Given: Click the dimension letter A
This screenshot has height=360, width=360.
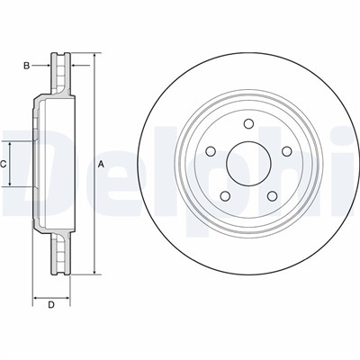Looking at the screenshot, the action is (101, 164).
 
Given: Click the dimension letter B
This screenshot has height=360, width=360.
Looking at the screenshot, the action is (27, 66).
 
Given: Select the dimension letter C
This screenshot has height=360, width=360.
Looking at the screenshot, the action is (3, 164).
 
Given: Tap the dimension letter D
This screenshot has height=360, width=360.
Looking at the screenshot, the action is (51, 305).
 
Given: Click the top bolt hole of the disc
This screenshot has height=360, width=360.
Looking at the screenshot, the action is (248, 123).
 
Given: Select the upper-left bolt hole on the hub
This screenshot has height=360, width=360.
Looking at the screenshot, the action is (211, 151).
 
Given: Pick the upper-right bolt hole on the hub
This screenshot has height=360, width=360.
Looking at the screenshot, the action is (286, 151).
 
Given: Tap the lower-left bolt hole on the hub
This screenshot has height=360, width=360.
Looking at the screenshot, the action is (225, 196).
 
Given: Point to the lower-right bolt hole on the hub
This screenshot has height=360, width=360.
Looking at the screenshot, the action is (272, 196).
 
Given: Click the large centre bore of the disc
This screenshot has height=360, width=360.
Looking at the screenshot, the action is (248, 164).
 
